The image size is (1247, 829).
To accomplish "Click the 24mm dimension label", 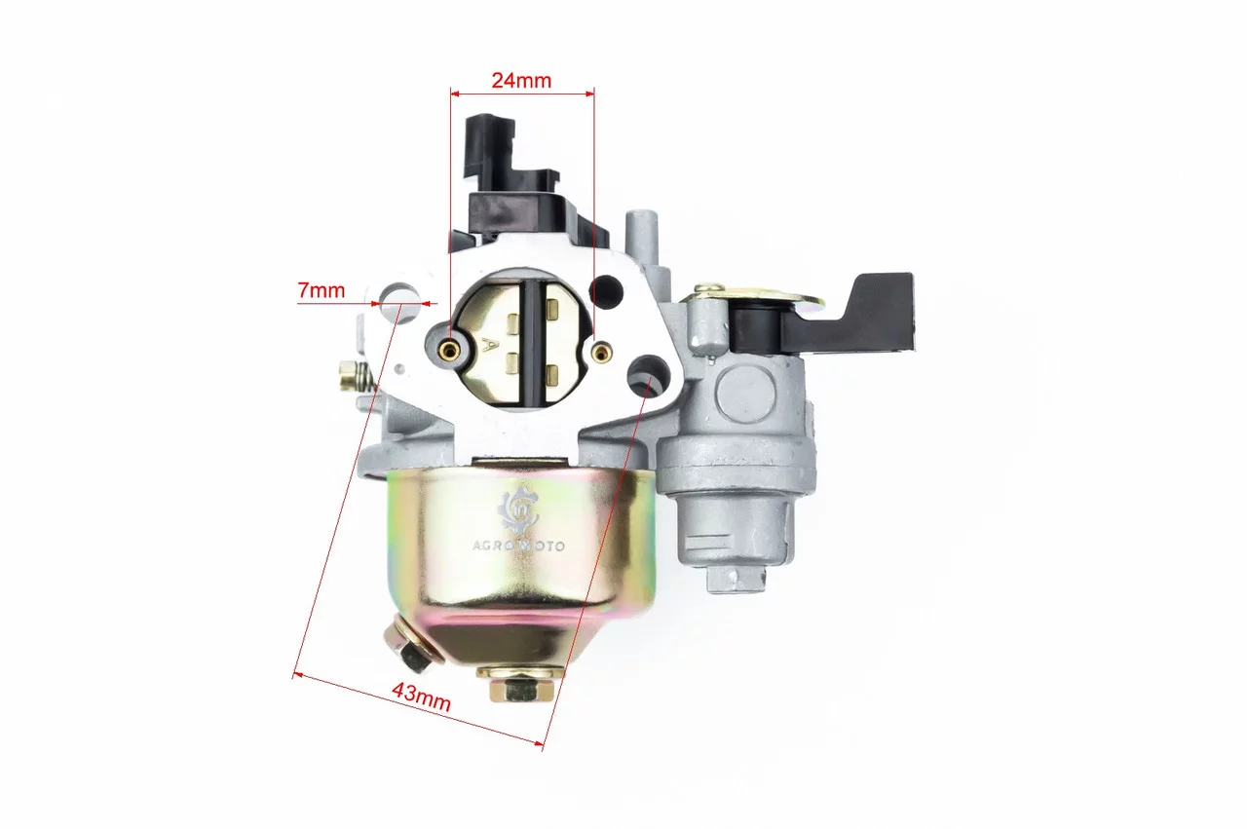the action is pos(521,81).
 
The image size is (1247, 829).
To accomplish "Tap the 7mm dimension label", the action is pos(321,290).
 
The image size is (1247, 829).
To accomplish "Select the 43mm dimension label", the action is pos(422,697).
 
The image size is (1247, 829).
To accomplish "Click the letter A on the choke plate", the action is pos(489,346).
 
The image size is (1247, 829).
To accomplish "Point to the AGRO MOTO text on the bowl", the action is pos(518,546).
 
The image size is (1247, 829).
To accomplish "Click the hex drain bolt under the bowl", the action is pos(521,686).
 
